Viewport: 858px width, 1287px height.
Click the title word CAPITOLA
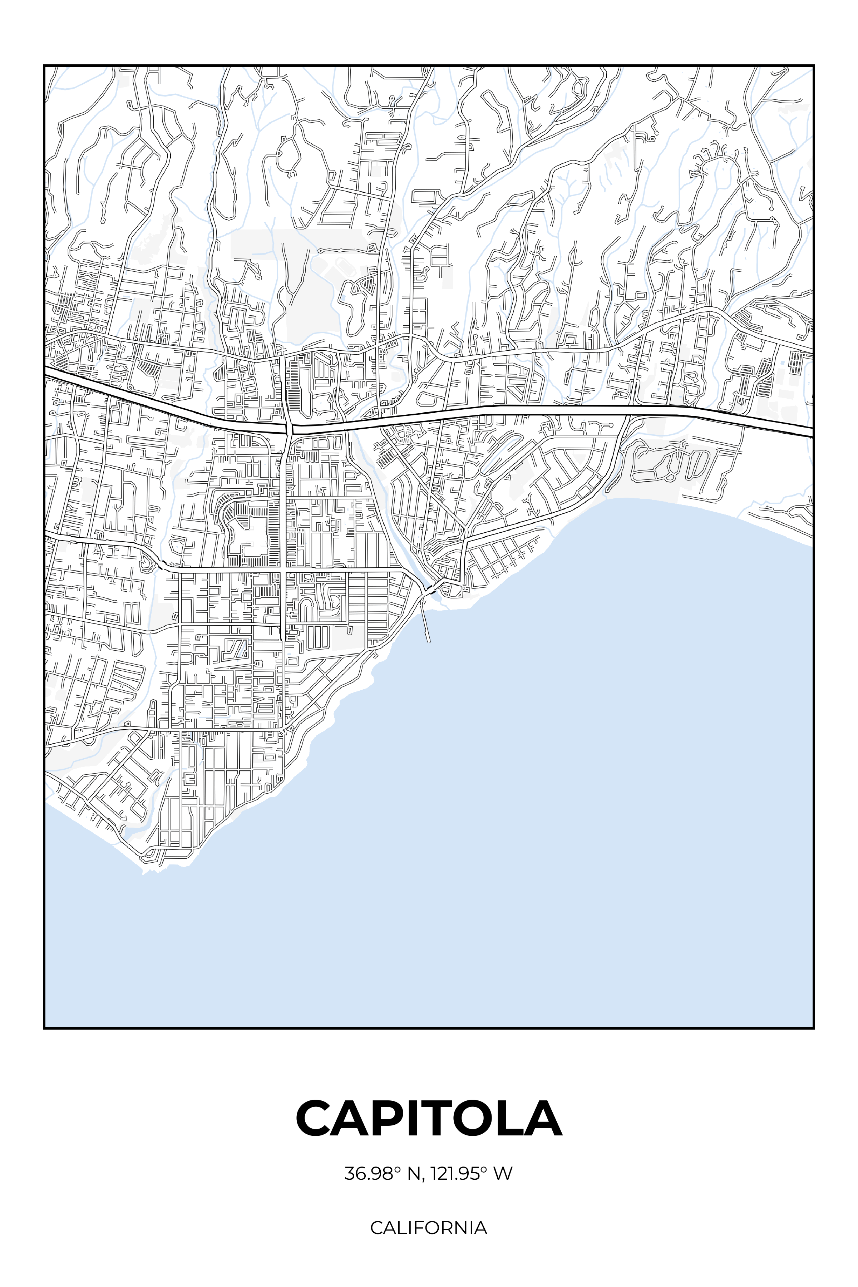click(x=429, y=1119)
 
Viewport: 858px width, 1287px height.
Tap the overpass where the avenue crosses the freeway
click(x=288, y=427)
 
